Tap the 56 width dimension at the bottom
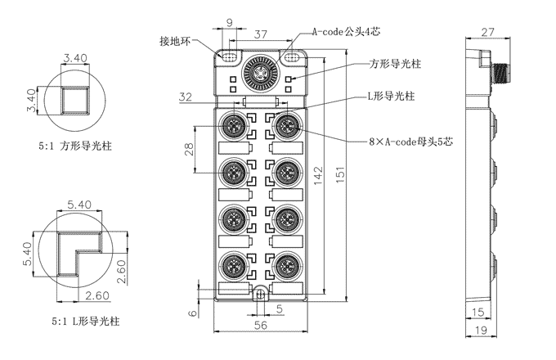260,324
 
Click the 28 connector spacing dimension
189,149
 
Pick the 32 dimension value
186,97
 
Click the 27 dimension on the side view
486,33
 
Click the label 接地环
174,40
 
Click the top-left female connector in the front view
232,126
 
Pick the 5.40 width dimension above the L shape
81,204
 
